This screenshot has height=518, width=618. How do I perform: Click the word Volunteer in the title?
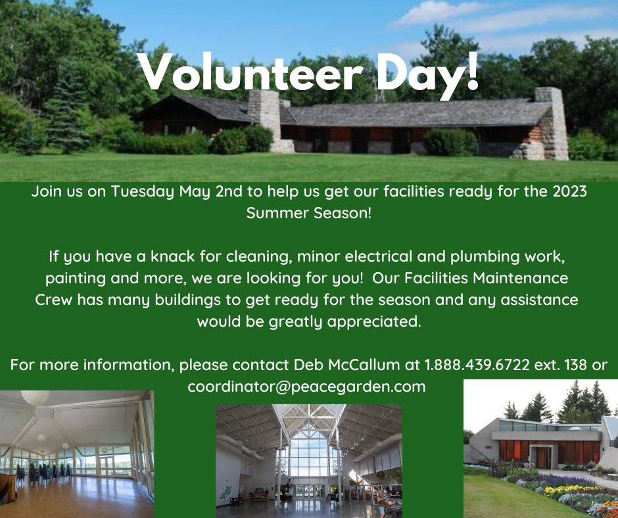point(250,72)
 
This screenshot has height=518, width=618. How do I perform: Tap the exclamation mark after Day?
point(471,70)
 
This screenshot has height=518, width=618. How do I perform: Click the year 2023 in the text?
point(569,191)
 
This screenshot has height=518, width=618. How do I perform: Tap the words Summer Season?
point(309,213)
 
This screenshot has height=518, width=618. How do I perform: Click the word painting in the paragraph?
point(76,279)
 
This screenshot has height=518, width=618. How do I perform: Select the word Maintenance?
point(520,278)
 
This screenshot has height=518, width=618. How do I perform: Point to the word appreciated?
point(374,321)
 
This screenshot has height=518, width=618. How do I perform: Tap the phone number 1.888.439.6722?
point(477,365)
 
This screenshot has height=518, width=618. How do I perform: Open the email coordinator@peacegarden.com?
point(306,387)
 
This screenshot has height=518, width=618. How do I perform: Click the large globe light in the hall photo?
point(35,397)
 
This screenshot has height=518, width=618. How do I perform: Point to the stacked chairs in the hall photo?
point(43,473)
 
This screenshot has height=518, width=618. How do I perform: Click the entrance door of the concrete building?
point(544,458)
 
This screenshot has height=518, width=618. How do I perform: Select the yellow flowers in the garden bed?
point(568,490)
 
